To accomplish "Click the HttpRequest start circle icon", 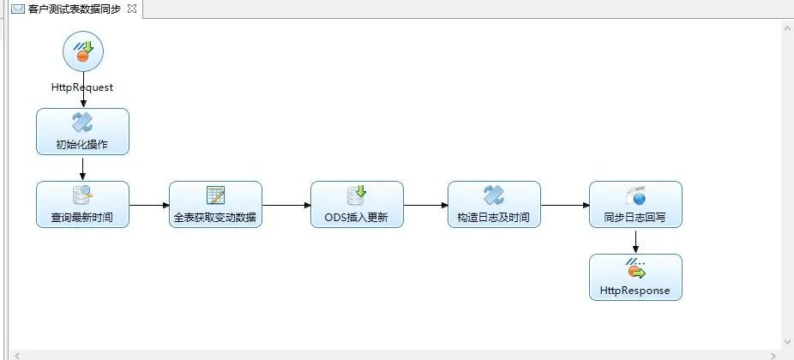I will (x=82, y=53).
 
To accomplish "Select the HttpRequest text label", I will (x=82, y=87).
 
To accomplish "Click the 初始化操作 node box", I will (x=82, y=131).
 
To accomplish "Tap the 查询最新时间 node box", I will (x=82, y=204).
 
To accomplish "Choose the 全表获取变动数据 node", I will (x=215, y=204).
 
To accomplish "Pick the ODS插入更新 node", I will (x=357, y=204).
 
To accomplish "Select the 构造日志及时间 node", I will (x=494, y=204).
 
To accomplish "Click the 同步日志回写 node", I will (x=635, y=204).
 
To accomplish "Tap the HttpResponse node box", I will (x=635, y=277).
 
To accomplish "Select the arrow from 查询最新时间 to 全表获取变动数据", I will (x=149, y=205).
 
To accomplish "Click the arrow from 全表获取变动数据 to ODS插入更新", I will (x=286, y=205).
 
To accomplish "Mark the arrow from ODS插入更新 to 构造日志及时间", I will (x=425, y=205).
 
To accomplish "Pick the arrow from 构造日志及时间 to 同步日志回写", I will (x=565, y=205).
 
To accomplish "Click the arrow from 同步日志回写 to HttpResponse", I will (x=635, y=241).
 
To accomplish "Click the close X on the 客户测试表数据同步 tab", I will (x=131, y=8).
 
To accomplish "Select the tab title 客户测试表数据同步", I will (x=75, y=9).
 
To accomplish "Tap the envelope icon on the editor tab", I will (x=17, y=9).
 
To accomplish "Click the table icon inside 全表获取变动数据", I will (x=215, y=195).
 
